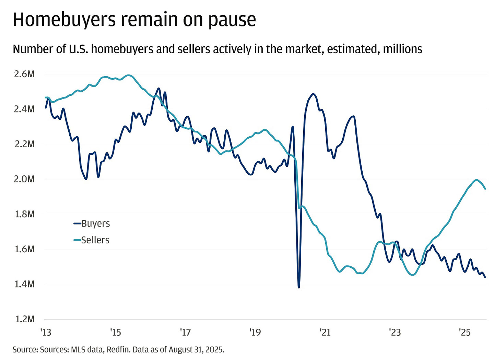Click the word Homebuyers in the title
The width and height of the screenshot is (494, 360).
[x=64, y=20]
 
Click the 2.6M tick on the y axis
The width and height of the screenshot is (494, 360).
[x=24, y=74]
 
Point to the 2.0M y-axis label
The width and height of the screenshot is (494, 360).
[x=24, y=179]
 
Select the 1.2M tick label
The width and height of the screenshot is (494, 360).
[x=24, y=319]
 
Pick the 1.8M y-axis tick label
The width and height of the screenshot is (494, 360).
[x=24, y=214]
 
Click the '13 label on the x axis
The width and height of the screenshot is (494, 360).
[x=46, y=332]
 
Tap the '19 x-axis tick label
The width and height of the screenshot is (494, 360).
[x=255, y=332]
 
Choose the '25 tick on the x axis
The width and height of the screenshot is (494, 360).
[x=464, y=332]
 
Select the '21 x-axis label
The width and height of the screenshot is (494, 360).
[x=325, y=332]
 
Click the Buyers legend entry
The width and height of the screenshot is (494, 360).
[x=92, y=224]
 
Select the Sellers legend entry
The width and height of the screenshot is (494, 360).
[x=92, y=240]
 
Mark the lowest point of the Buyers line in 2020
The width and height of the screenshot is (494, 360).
[x=299, y=287]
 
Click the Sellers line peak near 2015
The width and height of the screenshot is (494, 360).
[x=129, y=75]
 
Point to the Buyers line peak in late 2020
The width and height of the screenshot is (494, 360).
[x=313, y=94]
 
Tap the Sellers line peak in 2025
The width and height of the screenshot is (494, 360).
[x=476, y=180]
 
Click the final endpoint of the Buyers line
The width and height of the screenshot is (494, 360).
[x=485, y=277]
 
